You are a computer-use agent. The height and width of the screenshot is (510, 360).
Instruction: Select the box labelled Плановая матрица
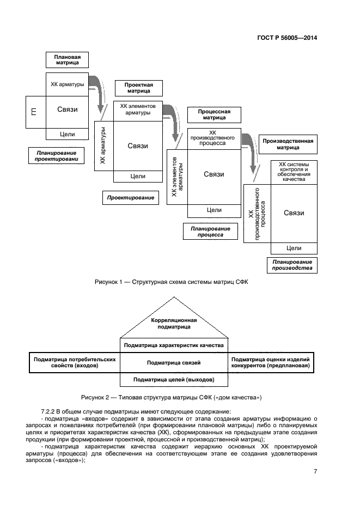68,59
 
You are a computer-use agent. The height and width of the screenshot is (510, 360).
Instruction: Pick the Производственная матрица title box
288,144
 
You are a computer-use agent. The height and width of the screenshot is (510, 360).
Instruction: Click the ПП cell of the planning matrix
35,112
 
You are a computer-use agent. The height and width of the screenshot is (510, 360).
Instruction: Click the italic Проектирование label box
130,198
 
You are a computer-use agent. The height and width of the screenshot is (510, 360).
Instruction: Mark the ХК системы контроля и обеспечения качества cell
294,172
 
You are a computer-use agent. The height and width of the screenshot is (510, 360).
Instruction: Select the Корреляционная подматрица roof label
174,324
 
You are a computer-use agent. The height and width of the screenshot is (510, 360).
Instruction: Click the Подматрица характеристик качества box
174,345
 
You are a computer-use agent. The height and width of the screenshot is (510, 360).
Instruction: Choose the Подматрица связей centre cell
174,362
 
